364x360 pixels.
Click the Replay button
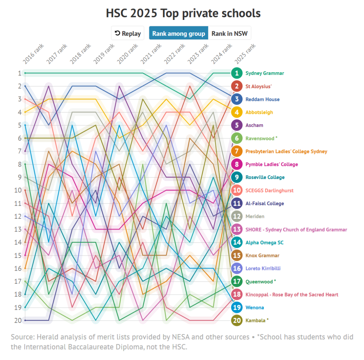[x=128, y=33]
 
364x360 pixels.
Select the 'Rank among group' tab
[x=179, y=33]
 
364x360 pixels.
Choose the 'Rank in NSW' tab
[x=229, y=33]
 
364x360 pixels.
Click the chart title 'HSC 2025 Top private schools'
[x=183, y=13]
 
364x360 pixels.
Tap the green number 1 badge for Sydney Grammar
[x=237, y=73]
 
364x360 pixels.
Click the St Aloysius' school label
[x=259, y=86]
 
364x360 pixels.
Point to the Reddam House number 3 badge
[x=237, y=99]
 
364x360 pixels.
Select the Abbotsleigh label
[x=259, y=112]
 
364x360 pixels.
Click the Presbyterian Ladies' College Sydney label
[x=286, y=151]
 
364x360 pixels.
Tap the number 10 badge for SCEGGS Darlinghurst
[x=237, y=190]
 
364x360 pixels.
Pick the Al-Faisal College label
[x=265, y=203]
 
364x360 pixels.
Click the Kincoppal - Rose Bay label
[x=292, y=294]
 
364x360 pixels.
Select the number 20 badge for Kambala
[x=237, y=320]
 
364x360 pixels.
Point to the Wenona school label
[x=254, y=307]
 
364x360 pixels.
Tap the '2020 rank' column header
[x=127, y=54]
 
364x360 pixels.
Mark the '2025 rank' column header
[x=245, y=54]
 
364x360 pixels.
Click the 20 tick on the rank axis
[x=18, y=320]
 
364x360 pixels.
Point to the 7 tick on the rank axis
[x=20, y=151]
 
